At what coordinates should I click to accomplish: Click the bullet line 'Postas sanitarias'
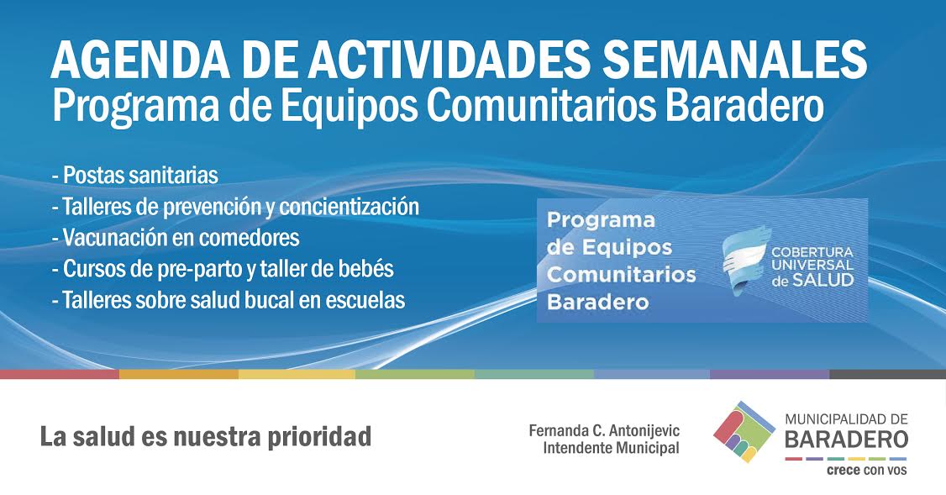click(135, 175)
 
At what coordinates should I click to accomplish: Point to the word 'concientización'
click(349, 207)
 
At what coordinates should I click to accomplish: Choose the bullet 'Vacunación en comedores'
click(176, 237)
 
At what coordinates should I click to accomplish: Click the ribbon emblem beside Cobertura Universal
click(747, 261)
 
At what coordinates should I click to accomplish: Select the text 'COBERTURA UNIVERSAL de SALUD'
click(812, 266)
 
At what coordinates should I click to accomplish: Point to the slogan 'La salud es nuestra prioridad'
click(206, 436)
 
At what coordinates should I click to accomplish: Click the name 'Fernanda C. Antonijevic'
click(604, 430)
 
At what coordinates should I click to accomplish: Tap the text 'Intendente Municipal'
click(611, 448)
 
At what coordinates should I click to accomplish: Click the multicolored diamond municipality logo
click(744, 431)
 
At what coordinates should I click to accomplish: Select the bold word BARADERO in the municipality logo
click(847, 440)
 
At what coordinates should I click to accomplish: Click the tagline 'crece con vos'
click(866, 470)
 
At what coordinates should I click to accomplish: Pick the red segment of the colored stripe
click(60, 374)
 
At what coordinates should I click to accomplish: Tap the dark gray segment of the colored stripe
click(887, 374)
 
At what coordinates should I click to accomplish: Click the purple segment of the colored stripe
click(770, 374)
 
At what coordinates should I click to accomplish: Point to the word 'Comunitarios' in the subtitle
click(540, 106)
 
